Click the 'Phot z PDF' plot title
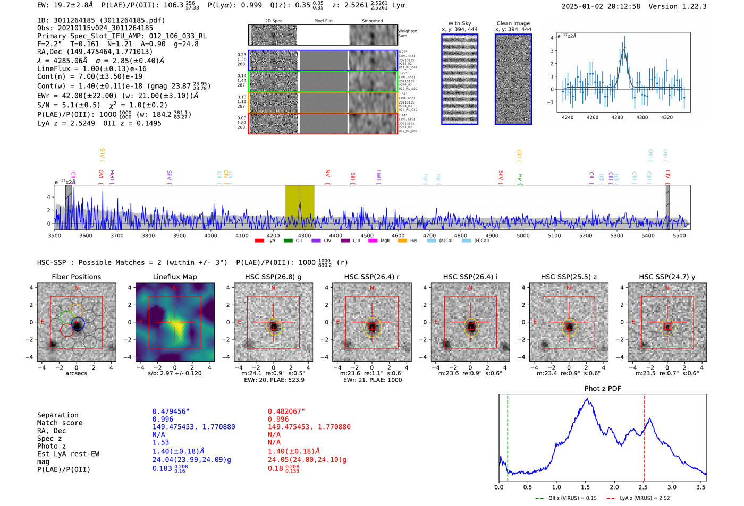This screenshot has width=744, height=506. pos(603,389)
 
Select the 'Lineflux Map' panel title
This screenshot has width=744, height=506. pos(175,277)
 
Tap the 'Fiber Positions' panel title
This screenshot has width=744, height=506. pos(76,277)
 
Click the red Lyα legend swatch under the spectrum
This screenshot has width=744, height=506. pos(259,241)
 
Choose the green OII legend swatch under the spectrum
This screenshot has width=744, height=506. pos(288,241)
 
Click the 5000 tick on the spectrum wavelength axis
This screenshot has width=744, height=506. pos(523,235)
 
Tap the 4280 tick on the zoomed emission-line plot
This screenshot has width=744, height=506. pos(617,117)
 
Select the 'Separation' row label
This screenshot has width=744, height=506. pos(57,415)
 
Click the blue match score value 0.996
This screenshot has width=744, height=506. pos(163,419)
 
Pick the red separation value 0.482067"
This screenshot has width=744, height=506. pos(286,411)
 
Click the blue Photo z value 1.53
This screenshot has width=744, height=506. pos(160,442)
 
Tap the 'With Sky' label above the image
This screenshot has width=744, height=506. pos(459,23)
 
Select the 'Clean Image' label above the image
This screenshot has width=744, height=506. pos(513,23)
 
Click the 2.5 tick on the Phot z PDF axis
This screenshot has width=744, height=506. pos(643,487)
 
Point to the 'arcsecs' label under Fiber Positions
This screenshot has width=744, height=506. pos(76,373)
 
